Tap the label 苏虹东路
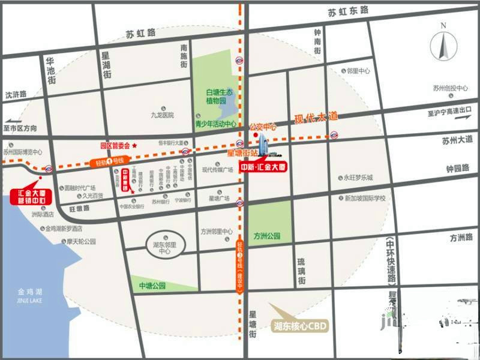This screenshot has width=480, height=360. pyautogui.click(x=349, y=12)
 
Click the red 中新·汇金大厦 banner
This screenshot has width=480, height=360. pyautogui.click(x=263, y=166)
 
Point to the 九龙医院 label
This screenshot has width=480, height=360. pyautogui.click(x=162, y=115)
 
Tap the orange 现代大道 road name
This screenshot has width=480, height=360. pyautogui.click(x=316, y=117)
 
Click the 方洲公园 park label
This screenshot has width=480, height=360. pyautogui.click(x=267, y=236)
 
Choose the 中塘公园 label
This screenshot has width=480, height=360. pyautogui.click(x=152, y=286)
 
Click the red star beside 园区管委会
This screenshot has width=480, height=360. pyautogui.click(x=135, y=145)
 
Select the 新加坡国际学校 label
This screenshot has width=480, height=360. pyautogui.click(x=365, y=198)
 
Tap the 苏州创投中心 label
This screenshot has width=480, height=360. pyautogui.click(x=450, y=88)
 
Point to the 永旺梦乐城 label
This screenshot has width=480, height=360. pyautogui.click(x=358, y=178)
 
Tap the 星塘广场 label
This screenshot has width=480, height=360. pyautogui.click(x=220, y=197)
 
